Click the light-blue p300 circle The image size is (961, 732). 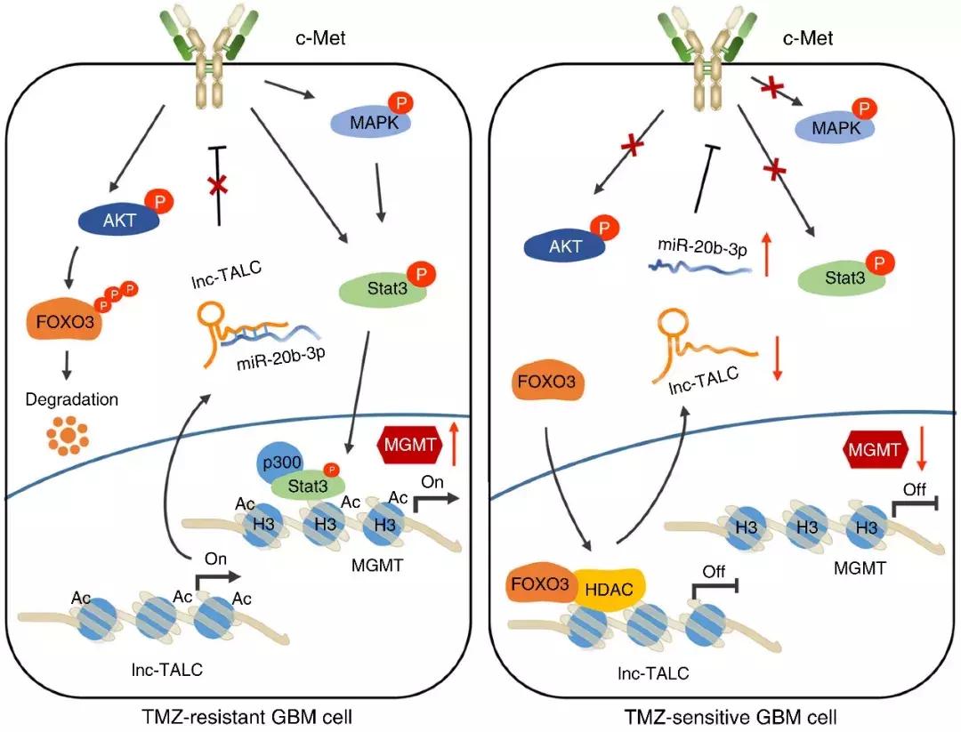[x=282, y=465]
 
